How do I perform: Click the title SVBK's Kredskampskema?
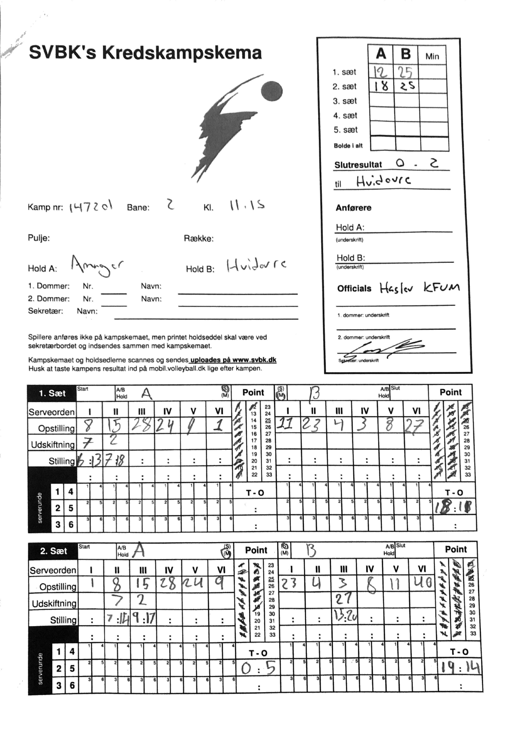(x=145, y=53)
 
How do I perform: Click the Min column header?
(x=432, y=56)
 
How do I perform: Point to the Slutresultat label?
(x=358, y=165)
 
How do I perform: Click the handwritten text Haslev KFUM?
(x=419, y=288)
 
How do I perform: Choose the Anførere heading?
(x=353, y=208)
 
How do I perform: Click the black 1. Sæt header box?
(x=52, y=393)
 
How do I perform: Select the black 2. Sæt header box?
(x=53, y=551)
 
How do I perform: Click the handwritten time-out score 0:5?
(x=258, y=668)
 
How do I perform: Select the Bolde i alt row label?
(x=348, y=146)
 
